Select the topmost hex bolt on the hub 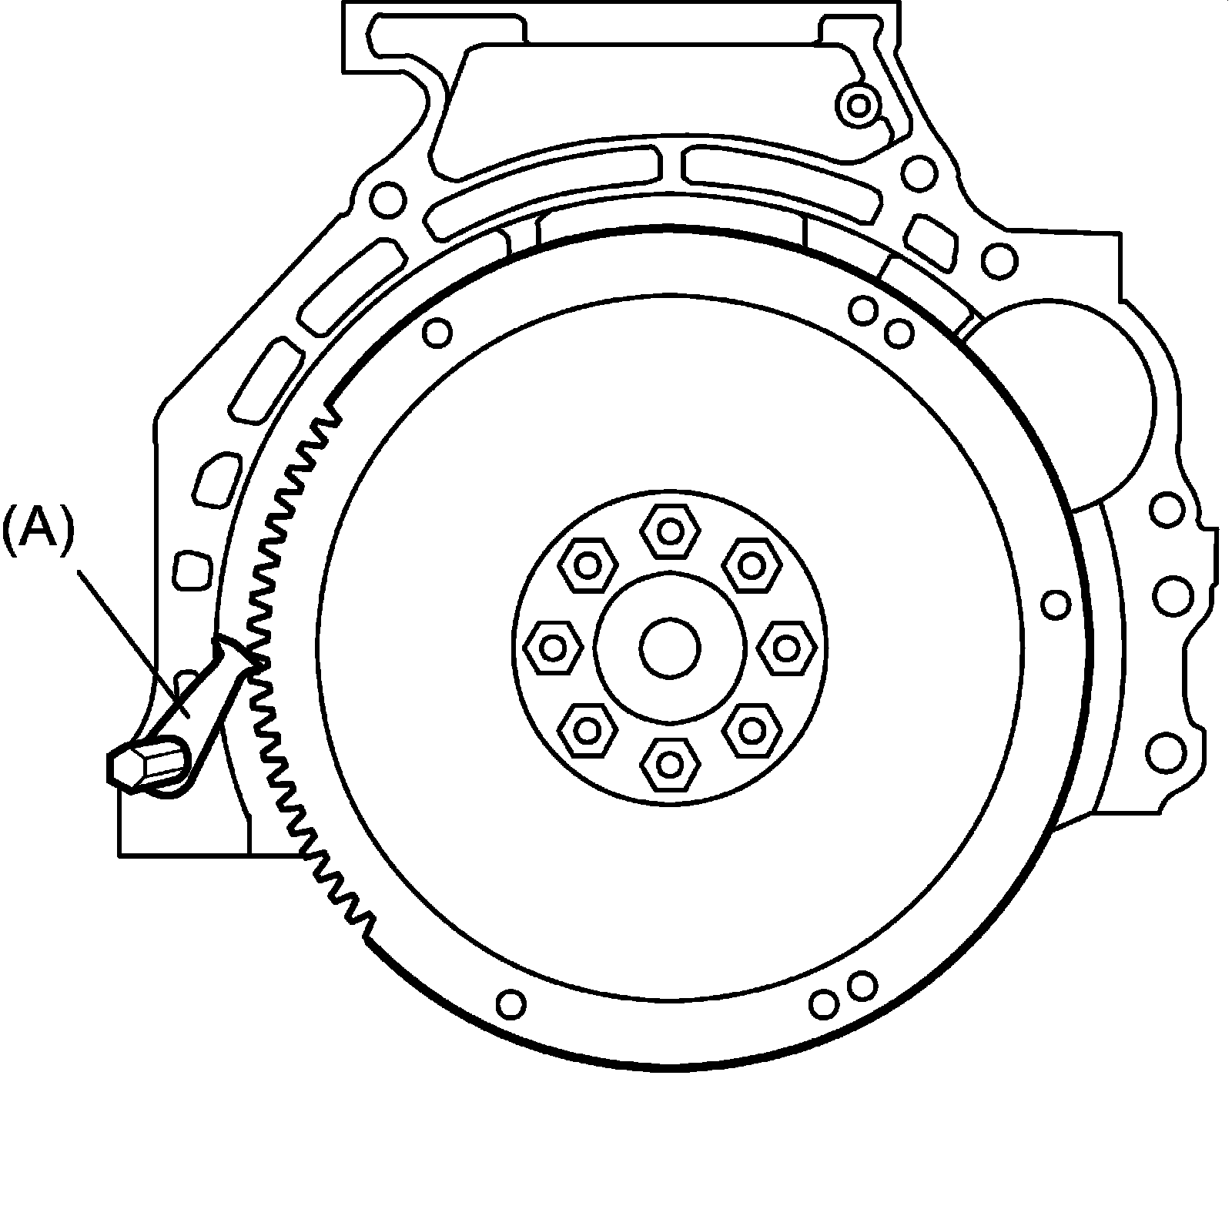(671, 531)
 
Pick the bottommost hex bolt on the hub (671, 765)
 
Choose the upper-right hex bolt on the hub (752, 564)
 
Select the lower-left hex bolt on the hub (588, 729)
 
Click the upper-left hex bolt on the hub (588, 565)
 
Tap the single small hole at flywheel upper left (438, 332)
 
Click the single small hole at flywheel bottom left (511, 1003)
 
